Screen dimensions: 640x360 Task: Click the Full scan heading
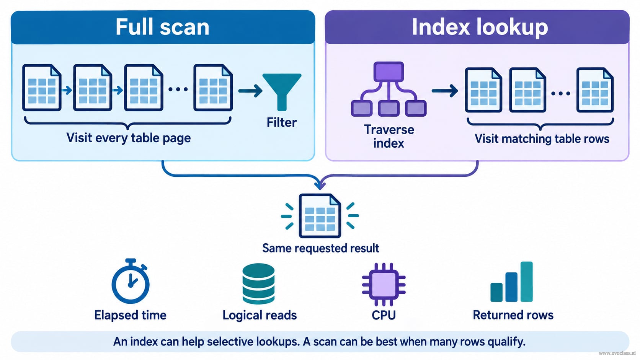162,27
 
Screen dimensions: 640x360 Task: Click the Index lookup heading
480,27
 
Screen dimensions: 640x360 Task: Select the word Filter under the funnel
282,122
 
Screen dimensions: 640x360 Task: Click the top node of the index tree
389,72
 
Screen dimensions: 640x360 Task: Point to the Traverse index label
389,137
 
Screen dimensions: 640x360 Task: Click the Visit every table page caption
129,138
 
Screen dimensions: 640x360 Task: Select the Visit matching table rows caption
542,139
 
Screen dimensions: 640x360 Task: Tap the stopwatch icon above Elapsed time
131,281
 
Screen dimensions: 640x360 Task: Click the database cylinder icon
258,283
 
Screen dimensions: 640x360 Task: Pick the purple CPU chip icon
384,284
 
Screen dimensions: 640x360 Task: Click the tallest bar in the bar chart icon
526,282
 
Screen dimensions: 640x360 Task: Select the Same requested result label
320,248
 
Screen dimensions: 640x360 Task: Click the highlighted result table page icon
320,216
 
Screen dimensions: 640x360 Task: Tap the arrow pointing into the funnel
250,91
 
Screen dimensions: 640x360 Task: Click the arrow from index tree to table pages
444,91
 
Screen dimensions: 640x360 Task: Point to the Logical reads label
260,315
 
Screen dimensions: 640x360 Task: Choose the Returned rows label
513,315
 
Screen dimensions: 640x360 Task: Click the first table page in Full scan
42,88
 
